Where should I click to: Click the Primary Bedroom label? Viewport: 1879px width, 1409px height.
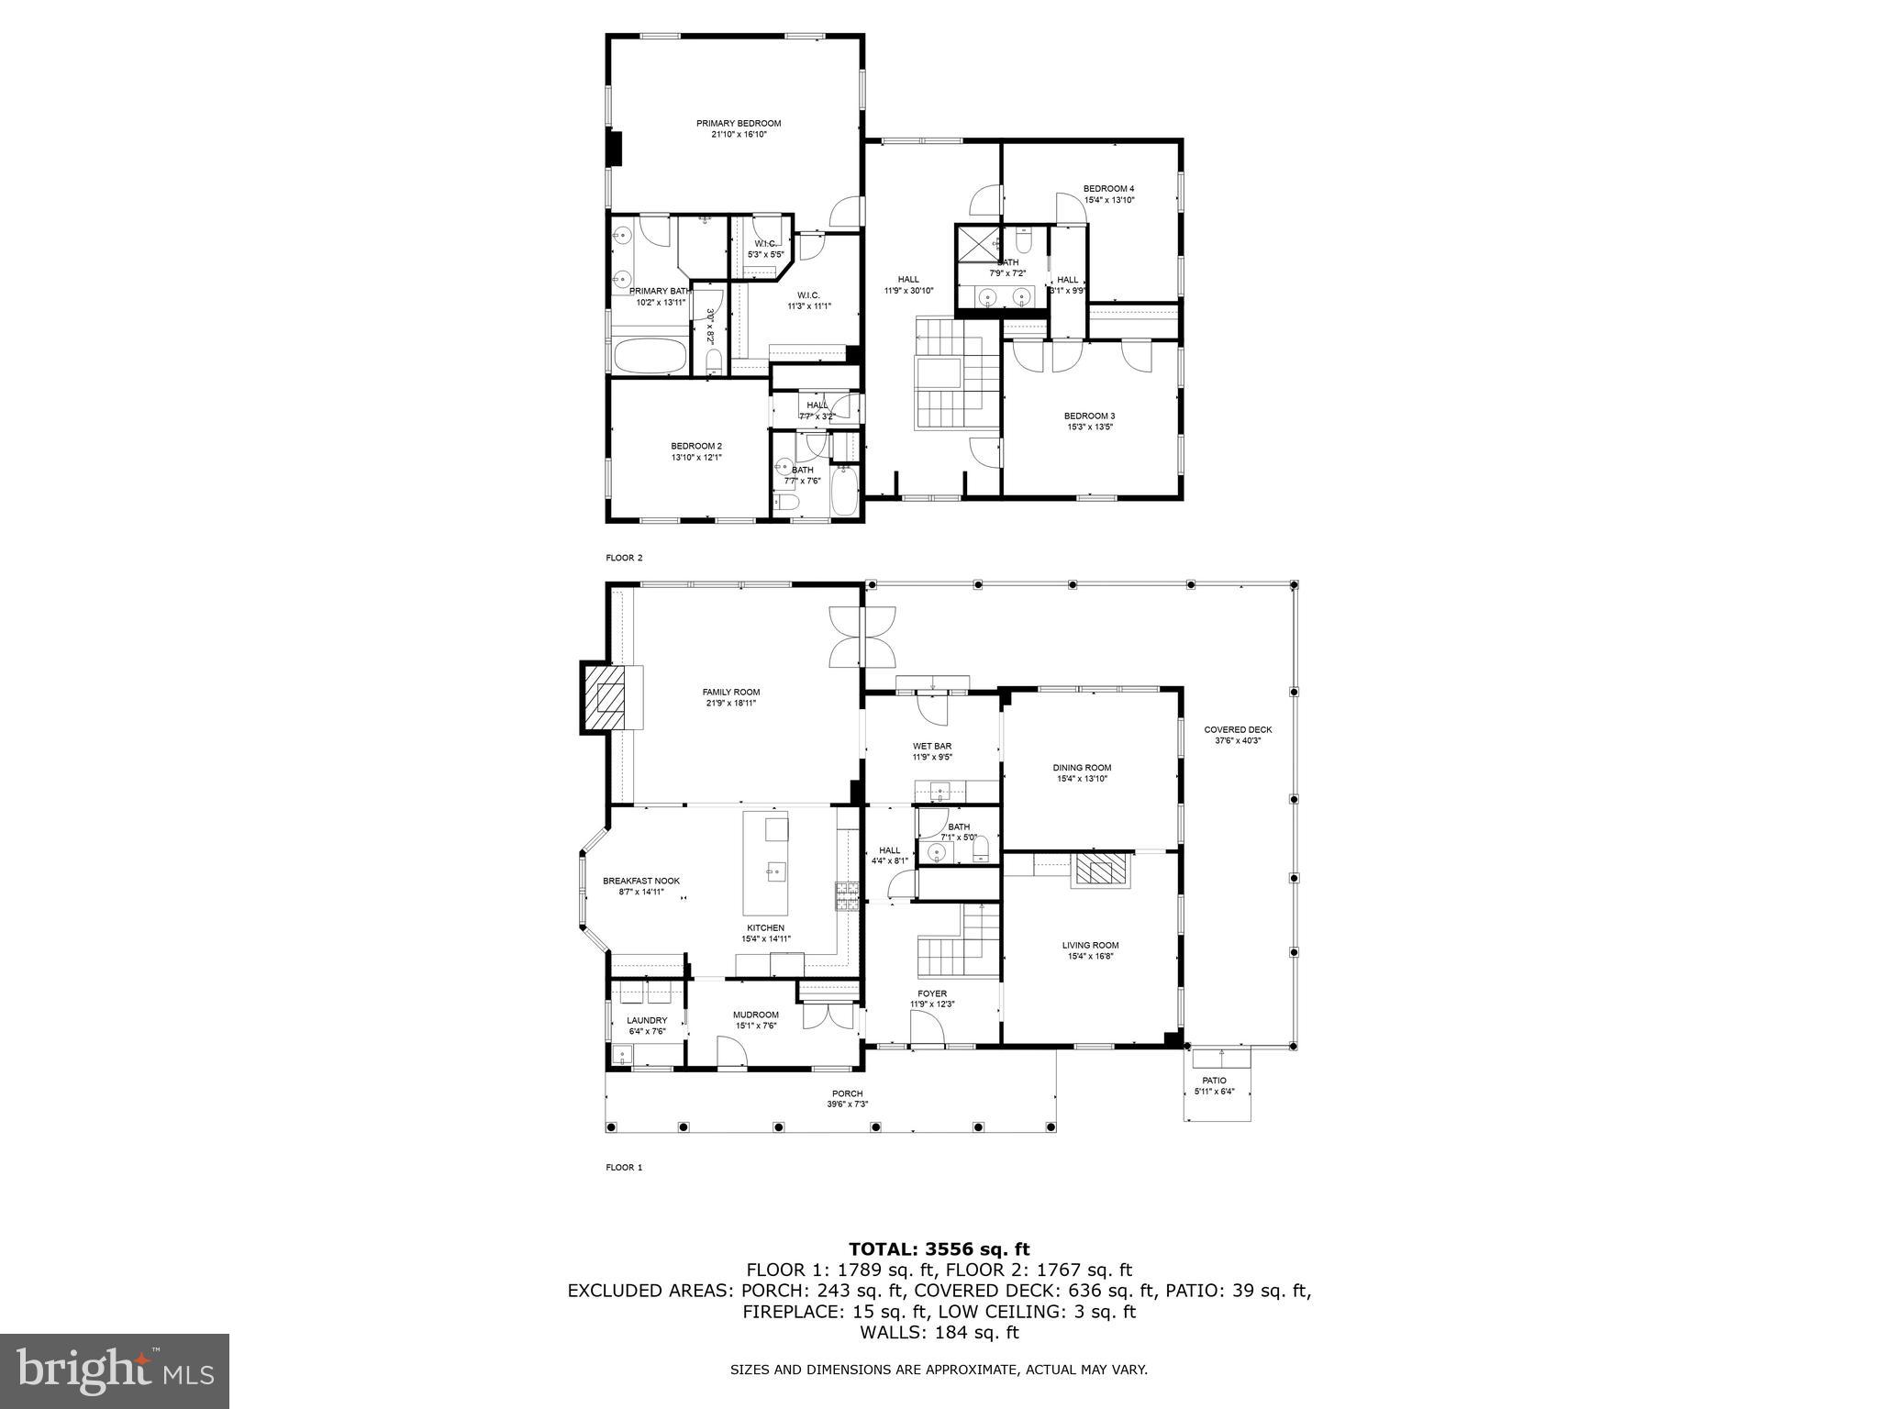pos(738,123)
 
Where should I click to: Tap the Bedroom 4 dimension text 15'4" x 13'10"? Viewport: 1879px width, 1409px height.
pos(1109,200)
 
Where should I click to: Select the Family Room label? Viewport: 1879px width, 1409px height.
pos(731,693)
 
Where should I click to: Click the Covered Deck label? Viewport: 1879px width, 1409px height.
pos(1238,730)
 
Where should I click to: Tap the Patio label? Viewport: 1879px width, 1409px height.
pos(1215,1081)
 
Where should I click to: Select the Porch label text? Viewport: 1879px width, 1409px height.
pos(847,1093)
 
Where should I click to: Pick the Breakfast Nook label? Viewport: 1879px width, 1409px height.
pos(641,881)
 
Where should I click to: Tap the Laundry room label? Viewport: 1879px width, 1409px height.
pos(647,1020)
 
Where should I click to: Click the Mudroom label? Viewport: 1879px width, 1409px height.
pos(755,1015)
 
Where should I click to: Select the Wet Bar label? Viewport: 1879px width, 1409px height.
pos(931,746)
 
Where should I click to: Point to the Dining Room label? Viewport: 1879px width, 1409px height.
pos(1082,768)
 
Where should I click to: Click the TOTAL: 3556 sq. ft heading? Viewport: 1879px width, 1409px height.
pos(939,1248)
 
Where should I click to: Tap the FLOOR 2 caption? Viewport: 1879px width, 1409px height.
pos(624,558)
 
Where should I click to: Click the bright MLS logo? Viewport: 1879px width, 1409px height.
pos(115,1371)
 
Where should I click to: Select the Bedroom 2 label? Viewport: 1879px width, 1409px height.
pos(696,446)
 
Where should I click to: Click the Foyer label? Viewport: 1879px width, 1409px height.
pos(932,993)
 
